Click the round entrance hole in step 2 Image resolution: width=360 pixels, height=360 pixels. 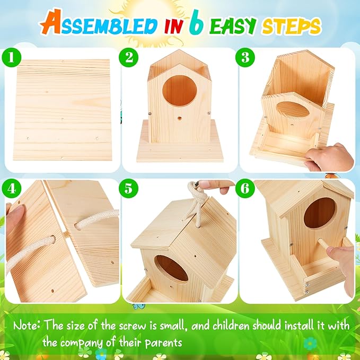click(x=180, y=90)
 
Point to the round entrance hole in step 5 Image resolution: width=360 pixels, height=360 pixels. click(x=171, y=268)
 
